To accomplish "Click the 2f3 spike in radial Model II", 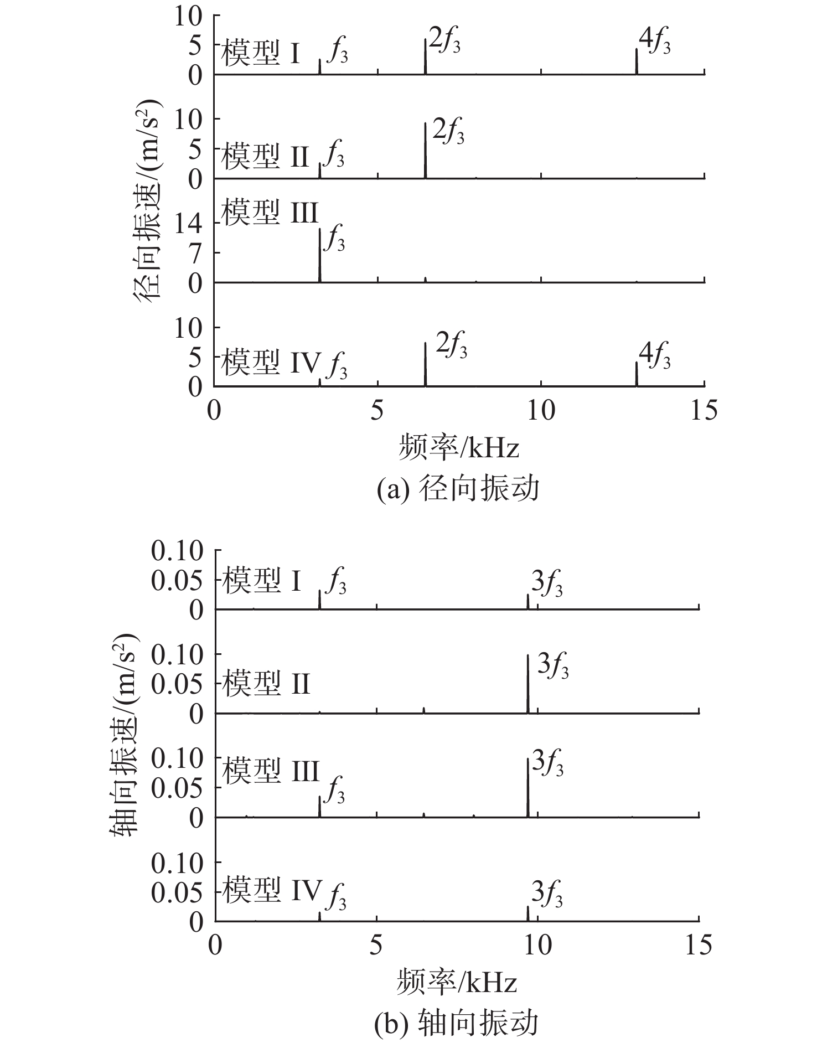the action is pyautogui.click(x=425, y=150).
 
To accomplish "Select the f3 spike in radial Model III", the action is pyautogui.click(x=320, y=255).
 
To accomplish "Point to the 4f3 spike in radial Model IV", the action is pyautogui.click(x=637, y=374).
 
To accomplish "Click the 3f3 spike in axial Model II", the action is pyautogui.click(x=528, y=684).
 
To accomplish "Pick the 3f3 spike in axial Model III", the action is pyautogui.click(x=528, y=787).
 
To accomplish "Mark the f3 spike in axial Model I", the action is pyautogui.click(x=320, y=600).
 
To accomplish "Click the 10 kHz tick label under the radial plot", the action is pyautogui.click(x=541, y=411).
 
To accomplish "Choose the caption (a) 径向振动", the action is pyautogui.click(x=457, y=489).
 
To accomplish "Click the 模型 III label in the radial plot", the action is pyautogui.click(x=270, y=212).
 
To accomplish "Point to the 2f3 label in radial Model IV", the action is pyautogui.click(x=452, y=345).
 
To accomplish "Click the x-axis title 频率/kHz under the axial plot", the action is pyautogui.click(x=457, y=982).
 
